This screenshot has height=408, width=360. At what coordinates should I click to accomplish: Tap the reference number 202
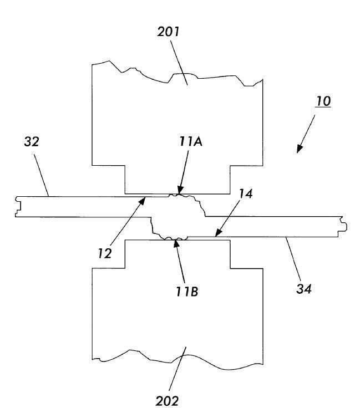click(x=168, y=400)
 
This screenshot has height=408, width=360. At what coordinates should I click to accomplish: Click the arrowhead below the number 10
click(x=300, y=149)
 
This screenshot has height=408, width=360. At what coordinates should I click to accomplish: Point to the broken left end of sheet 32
click(x=19, y=206)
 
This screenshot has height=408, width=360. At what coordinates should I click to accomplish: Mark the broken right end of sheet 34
click(x=344, y=226)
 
